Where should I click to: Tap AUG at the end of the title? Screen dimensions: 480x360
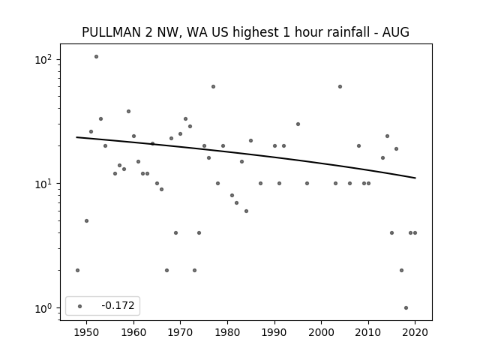click(x=396, y=32)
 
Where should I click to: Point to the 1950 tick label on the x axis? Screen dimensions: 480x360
click(x=87, y=332)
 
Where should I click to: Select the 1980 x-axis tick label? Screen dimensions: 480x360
click(x=227, y=332)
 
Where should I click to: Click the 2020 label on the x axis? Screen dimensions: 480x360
click(x=415, y=332)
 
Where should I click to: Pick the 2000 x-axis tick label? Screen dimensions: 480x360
click(x=322, y=332)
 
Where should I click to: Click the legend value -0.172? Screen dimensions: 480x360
click(x=118, y=305)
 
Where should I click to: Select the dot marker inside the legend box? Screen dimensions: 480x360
click(x=80, y=306)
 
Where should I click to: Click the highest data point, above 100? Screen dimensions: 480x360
click(x=96, y=57)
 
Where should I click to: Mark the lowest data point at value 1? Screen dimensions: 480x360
click(x=406, y=308)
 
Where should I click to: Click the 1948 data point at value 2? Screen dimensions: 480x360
click(x=77, y=270)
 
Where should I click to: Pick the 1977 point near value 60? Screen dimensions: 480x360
click(x=213, y=87)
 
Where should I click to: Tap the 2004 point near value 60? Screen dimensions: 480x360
click(x=340, y=87)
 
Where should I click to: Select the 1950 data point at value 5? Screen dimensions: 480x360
click(x=87, y=220)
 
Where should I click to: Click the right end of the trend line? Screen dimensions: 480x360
click(x=415, y=178)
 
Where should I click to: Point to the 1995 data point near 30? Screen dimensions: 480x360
click(x=298, y=124)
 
